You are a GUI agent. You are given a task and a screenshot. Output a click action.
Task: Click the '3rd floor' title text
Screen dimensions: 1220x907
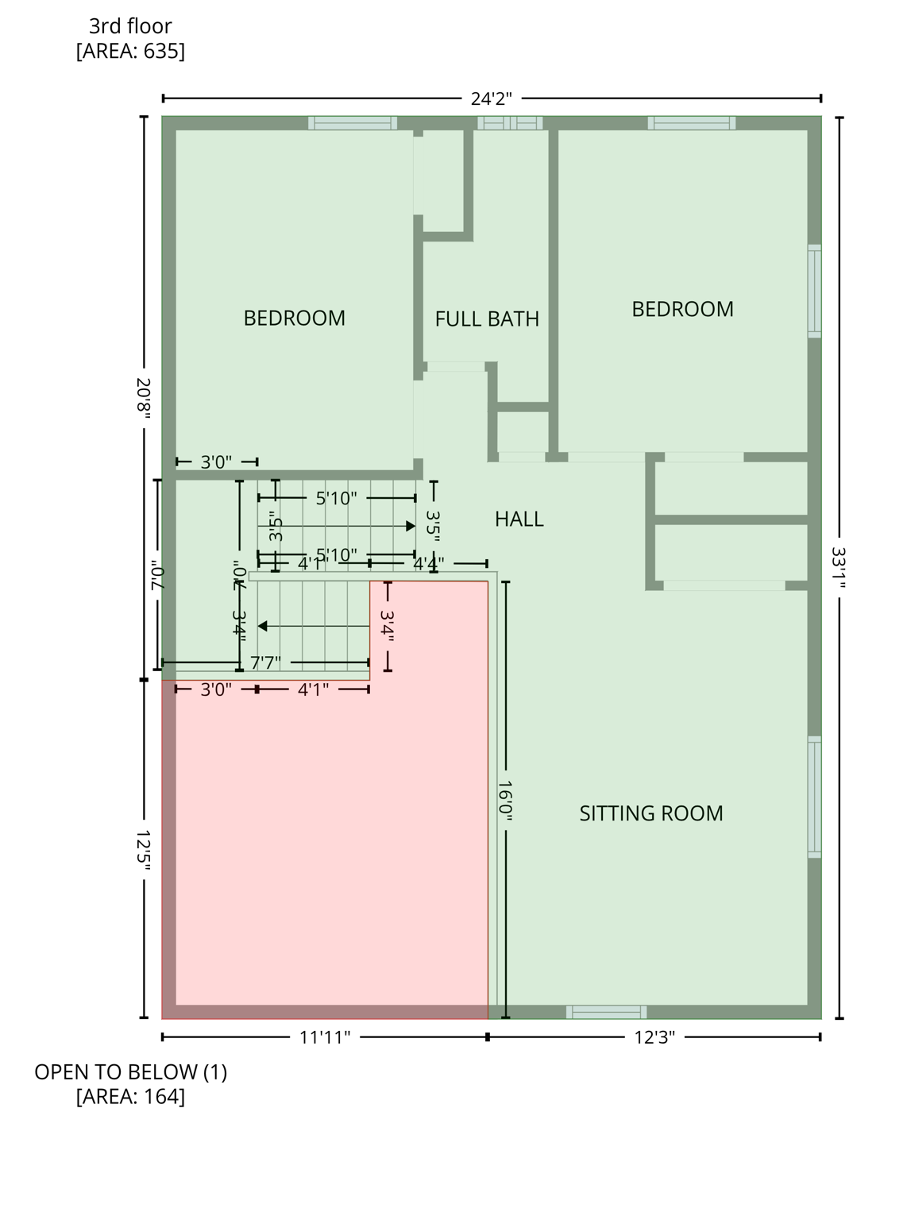pyautogui.click(x=130, y=26)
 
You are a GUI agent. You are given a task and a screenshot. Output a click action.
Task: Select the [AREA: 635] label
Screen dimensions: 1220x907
pyautogui.click(x=130, y=52)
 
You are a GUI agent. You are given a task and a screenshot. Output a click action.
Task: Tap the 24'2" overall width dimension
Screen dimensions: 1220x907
pyautogui.click(x=491, y=98)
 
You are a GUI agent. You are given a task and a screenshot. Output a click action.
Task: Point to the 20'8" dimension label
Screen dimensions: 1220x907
pyautogui.click(x=144, y=398)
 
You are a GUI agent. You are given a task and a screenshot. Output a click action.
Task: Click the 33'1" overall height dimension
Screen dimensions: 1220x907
pyautogui.click(x=839, y=567)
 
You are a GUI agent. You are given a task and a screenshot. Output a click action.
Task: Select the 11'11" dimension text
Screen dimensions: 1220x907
pyautogui.click(x=325, y=1037)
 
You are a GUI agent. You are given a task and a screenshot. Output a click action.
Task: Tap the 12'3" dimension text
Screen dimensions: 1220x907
pyautogui.click(x=654, y=1037)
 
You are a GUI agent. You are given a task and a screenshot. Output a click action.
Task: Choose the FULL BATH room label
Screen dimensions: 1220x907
pyautogui.click(x=487, y=319)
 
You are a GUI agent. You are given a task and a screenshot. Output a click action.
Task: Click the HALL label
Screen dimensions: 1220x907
pyautogui.click(x=519, y=519)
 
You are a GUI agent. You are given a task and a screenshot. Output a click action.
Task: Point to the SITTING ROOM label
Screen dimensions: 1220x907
pyautogui.click(x=650, y=813)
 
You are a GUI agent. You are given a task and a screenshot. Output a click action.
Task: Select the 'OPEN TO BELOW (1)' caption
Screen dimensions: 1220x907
pyautogui.click(x=130, y=1072)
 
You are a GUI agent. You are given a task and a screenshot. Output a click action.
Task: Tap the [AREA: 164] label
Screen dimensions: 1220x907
pyautogui.click(x=130, y=1097)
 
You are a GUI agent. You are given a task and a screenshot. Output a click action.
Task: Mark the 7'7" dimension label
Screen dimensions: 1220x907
pyautogui.click(x=265, y=662)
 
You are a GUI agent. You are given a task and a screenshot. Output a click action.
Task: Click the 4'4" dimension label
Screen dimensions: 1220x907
pyautogui.click(x=429, y=564)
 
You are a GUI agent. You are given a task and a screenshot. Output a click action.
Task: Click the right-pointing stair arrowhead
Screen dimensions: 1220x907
pyautogui.click(x=411, y=527)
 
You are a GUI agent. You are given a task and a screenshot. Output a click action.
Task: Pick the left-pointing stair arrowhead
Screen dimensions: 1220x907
pyautogui.click(x=263, y=627)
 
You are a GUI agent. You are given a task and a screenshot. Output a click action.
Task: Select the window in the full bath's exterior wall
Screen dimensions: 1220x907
pyautogui.click(x=510, y=123)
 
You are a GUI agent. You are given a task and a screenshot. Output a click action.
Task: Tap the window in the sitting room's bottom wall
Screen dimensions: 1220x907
pyautogui.click(x=606, y=1012)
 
